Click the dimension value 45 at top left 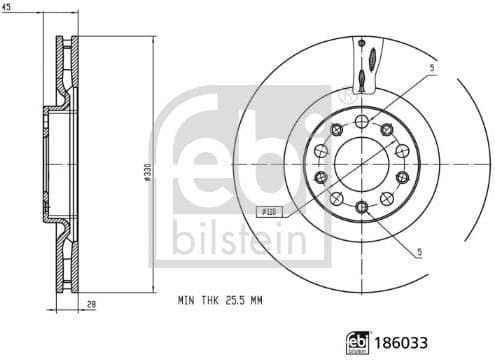tap(7, 7)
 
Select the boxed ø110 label tap(267, 211)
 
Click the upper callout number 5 tap(431, 69)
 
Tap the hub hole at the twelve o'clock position tap(360, 113)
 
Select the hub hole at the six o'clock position tap(360, 206)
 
